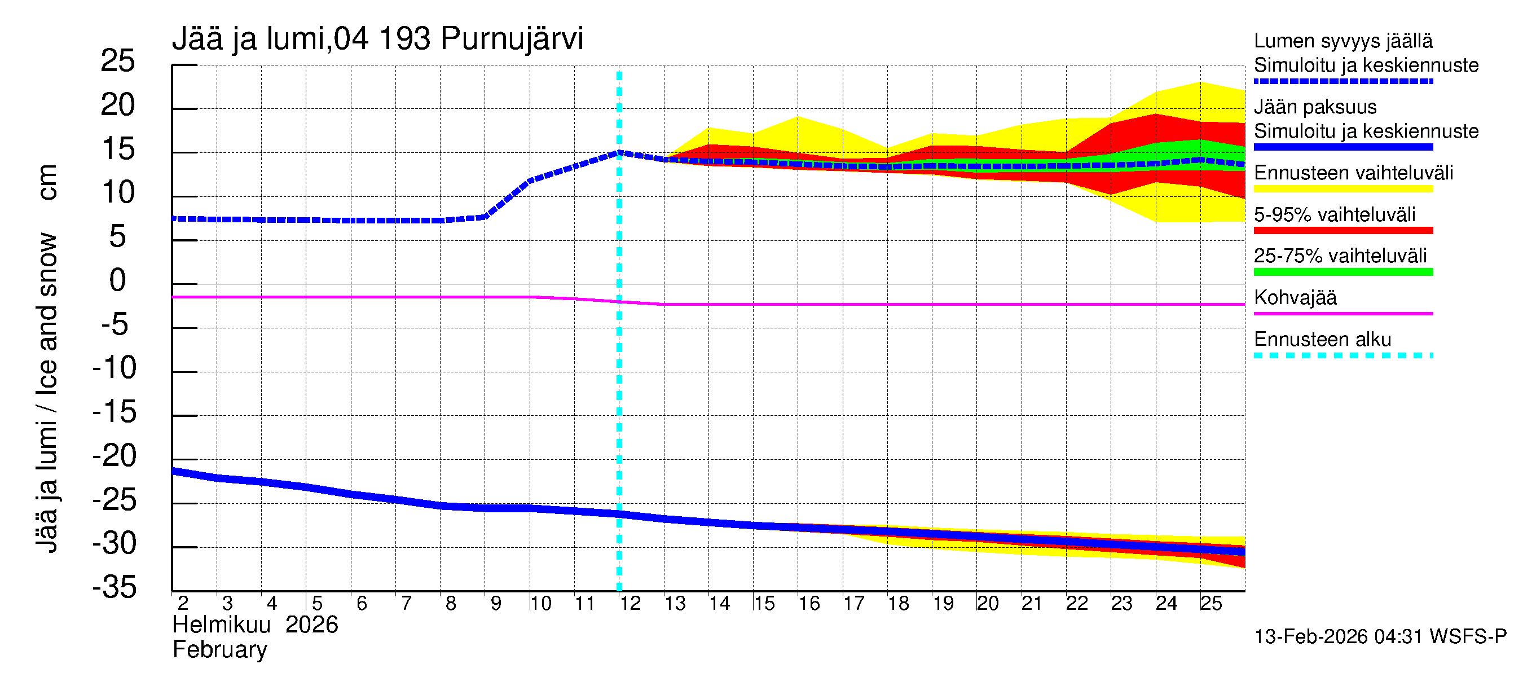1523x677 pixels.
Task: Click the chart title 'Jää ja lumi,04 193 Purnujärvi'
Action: click(x=377, y=39)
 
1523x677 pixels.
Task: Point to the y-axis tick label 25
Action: click(x=118, y=61)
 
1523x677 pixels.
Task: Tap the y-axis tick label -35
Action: click(x=115, y=587)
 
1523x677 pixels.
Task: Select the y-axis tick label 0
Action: click(x=118, y=280)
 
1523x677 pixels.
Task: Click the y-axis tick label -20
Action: click(x=115, y=456)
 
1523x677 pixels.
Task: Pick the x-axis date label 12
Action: click(x=630, y=603)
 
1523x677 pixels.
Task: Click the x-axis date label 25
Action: click(x=1211, y=603)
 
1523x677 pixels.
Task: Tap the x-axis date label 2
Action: click(x=183, y=603)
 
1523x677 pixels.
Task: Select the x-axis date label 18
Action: click(x=898, y=603)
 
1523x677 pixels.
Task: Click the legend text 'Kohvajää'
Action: click(x=1295, y=297)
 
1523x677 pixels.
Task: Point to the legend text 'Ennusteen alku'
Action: click(x=1322, y=340)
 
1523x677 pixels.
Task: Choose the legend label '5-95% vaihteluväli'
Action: click(x=1335, y=214)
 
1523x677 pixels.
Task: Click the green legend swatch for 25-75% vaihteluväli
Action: click(x=1342, y=272)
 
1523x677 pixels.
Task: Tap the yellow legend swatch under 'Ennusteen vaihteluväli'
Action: click(x=1342, y=189)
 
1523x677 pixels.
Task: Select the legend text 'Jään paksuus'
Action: click(x=1315, y=107)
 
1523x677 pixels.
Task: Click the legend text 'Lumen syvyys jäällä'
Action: click(x=1342, y=41)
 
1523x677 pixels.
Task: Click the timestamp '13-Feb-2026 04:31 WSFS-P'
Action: click(x=1380, y=636)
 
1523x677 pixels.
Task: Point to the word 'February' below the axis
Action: click(x=219, y=650)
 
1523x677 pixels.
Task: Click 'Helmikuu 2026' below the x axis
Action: click(x=255, y=625)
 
